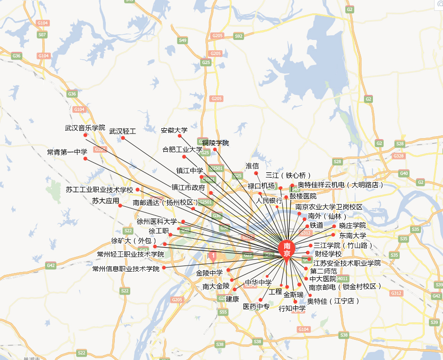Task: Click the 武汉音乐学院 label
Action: (x=85, y=128)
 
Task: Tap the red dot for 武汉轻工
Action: (x=123, y=138)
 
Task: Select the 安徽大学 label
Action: (x=174, y=130)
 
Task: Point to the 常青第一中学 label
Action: (x=67, y=152)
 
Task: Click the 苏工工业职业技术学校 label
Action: (x=100, y=190)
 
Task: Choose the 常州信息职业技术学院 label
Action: (x=126, y=269)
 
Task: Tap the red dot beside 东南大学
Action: (x=333, y=235)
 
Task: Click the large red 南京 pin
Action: (x=286, y=249)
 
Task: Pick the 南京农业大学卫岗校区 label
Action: (x=329, y=207)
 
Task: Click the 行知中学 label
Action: (x=292, y=309)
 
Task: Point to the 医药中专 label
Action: (x=256, y=307)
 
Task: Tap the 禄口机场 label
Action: (x=261, y=186)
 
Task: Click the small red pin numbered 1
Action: (x=213, y=256)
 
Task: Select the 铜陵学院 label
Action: (x=215, y=143)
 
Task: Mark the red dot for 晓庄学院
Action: (x=334, y=226)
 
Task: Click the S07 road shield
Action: (x=42, y=35)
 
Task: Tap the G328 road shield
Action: (x=398, y=156)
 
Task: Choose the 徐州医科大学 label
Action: (x=157, y=221)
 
